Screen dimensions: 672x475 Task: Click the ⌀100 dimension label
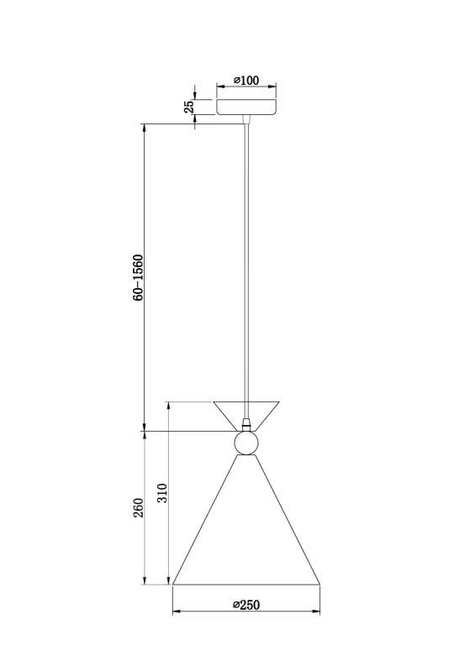(x=245, y=81)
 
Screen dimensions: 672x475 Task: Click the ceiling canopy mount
(x=247, y=108)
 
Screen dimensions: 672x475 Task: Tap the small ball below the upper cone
(x=246, y=442)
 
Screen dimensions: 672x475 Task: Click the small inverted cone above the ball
(x=246, y=410)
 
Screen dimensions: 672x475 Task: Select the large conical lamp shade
(x=246, y=529)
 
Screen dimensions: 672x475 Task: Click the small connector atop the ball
(x=246, y=424)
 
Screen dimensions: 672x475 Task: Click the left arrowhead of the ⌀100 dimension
(x=219, y=88)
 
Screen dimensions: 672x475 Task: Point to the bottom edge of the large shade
(x=246, y=585)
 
